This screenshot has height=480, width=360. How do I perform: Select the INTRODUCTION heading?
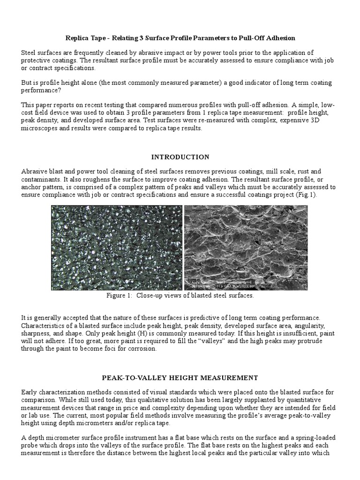[180, 157]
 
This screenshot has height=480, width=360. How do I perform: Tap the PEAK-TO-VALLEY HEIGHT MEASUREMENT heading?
[180, 377]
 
